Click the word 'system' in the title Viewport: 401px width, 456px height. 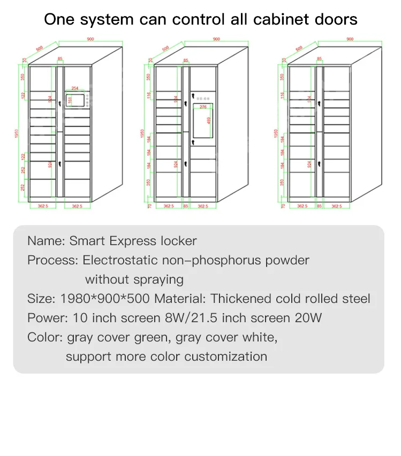tap(103, 20)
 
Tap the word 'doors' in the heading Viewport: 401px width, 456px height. tap(336, 20)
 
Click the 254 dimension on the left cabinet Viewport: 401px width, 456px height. tap(75, 88)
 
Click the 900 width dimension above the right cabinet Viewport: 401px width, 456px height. tap(350, 39)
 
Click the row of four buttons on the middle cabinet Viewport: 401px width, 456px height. tap(203, 99)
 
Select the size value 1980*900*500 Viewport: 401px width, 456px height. tap(106, 299)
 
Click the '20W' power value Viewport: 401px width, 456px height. tap(308, 318)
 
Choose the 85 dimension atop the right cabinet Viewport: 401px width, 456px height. tap(320, 59)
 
